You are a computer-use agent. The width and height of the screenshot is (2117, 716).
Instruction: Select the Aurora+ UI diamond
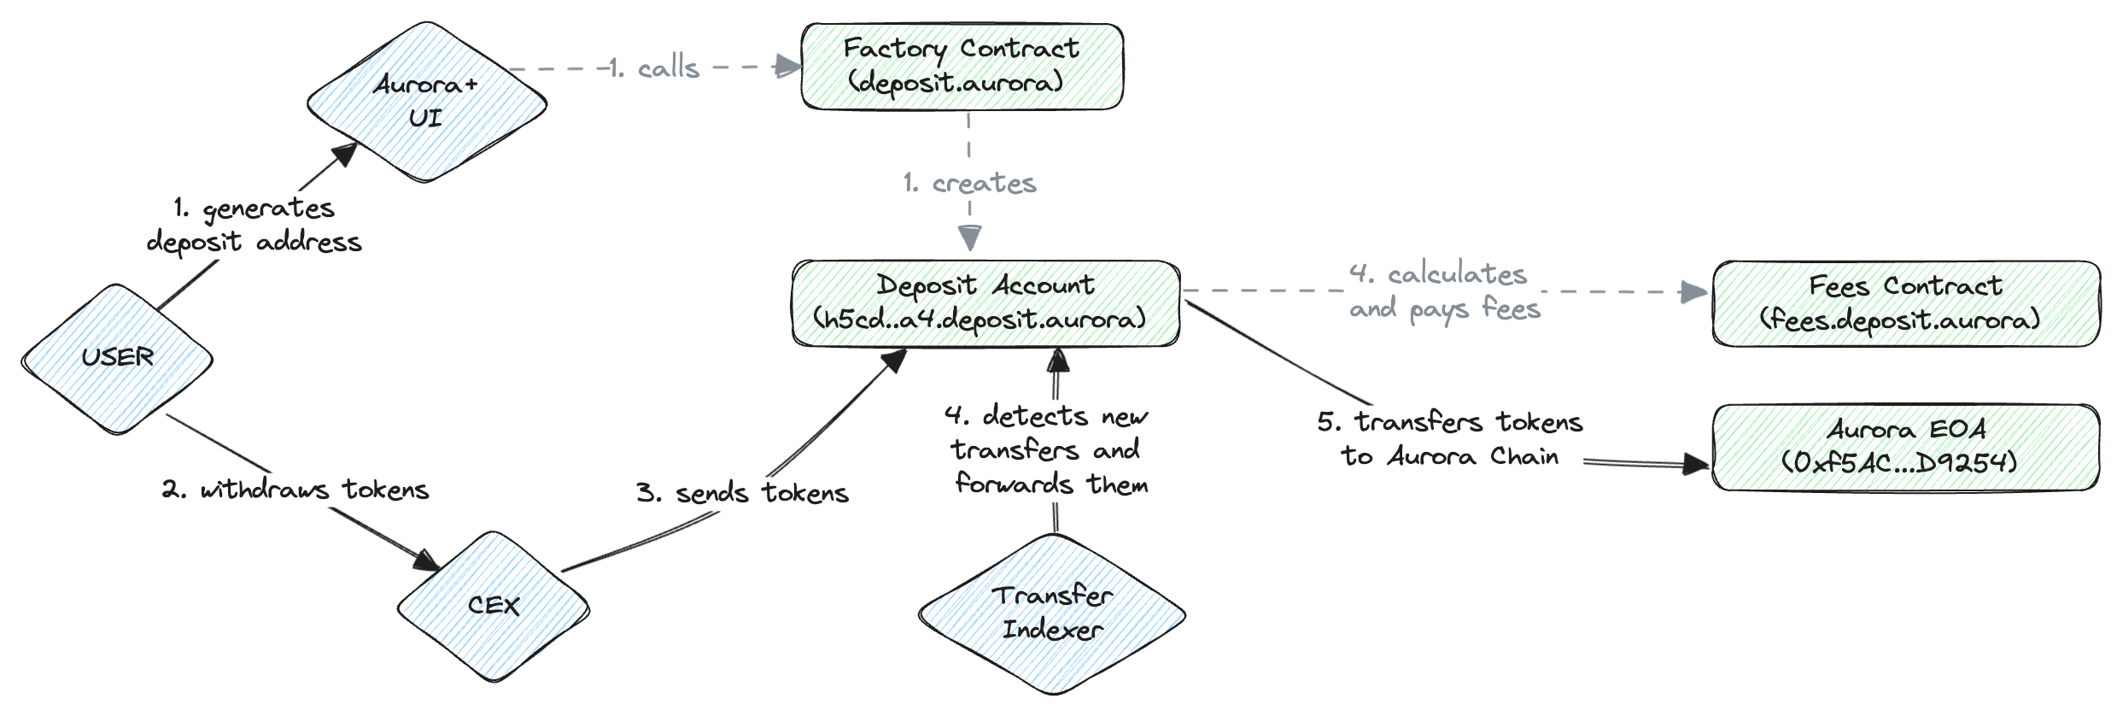pyautogui.click(x=426, y=101)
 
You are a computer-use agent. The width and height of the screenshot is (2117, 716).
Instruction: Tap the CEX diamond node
pyautogui.click(x=493, y=606)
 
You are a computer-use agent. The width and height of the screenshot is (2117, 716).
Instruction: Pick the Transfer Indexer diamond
pyautogui.click(x=1051, y=613)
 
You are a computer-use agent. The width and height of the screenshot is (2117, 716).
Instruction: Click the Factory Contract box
pyautogui.click(x=962, y=66)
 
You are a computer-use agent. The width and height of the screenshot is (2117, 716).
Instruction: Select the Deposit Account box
pyautogui.click(x=985, y=302)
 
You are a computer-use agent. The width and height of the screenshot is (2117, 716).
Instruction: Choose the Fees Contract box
pyautogui.click(x=1905, y=303)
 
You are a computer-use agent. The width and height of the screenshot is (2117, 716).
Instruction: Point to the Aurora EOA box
pyautogui.click(x=1905, y=446)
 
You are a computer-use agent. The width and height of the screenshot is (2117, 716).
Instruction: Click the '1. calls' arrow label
pyautogui.click(x=655, y=67)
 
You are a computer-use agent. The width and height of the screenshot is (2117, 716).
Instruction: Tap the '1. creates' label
pyautogui.click(x=970, y=183)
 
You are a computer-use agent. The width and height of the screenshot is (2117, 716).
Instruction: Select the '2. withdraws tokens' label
pyautogui.click(x=295, y=490)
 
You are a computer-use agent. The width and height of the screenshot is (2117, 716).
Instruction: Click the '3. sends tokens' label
pyautogui.click(x=742, y=493)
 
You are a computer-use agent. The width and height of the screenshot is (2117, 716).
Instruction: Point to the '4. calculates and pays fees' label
pyautogui.click(x=1445, y=291)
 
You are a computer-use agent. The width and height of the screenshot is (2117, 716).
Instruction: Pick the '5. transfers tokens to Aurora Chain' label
pyautogui.click(x=1450, y=439)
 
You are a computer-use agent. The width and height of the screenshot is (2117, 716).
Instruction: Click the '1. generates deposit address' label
pyautogui.click(x=254, y=226)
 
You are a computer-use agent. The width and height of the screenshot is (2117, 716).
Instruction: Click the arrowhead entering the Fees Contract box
pyautogui.click(x=1693, y=292)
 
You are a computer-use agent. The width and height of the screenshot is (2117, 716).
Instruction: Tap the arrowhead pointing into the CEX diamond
pyautogui.click(x=426, y=560)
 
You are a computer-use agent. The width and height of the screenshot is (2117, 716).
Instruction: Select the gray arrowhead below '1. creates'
pyautogui.click(x=970, y=237)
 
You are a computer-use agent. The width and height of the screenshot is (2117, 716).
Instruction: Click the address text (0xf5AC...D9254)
pyautogui.click(x=1898, y=463)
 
